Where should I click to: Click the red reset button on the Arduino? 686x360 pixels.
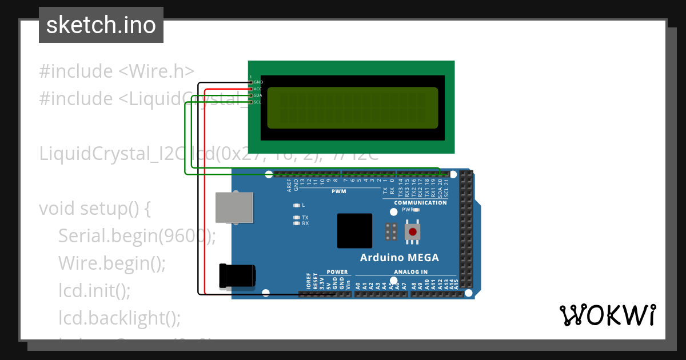(x=412, y=232)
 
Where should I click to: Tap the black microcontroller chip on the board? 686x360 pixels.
(x=354, y=231)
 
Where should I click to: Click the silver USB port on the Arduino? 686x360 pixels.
(x=234, y=207)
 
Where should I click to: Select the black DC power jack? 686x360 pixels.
(x=237, y=275)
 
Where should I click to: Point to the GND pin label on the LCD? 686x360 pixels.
(x=258, y=82)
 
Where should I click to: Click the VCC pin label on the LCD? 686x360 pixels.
(x=258, y=89)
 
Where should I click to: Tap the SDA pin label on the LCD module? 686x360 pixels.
(x=258, y=95)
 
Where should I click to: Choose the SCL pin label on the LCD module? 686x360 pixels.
(x=258, y=102)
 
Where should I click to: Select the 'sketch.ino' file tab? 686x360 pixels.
(x=101, y=25)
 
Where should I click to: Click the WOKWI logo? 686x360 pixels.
(x=607, y=315)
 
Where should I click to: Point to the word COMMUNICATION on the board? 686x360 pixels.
(x=420, y=203)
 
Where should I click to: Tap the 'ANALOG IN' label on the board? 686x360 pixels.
(x=410, y=272)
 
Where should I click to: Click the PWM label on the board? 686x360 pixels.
(x=338, y=191)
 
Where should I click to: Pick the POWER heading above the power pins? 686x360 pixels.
(x=337, y=272)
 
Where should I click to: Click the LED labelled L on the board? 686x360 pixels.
(x=296, y=205)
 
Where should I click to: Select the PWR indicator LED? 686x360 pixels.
(x=416, y=210)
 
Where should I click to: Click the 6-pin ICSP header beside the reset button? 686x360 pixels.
(x=392, y=232)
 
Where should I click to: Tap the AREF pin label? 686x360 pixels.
(x=289, y=184)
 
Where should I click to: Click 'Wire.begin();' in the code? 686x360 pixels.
(x=111, y=263)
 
